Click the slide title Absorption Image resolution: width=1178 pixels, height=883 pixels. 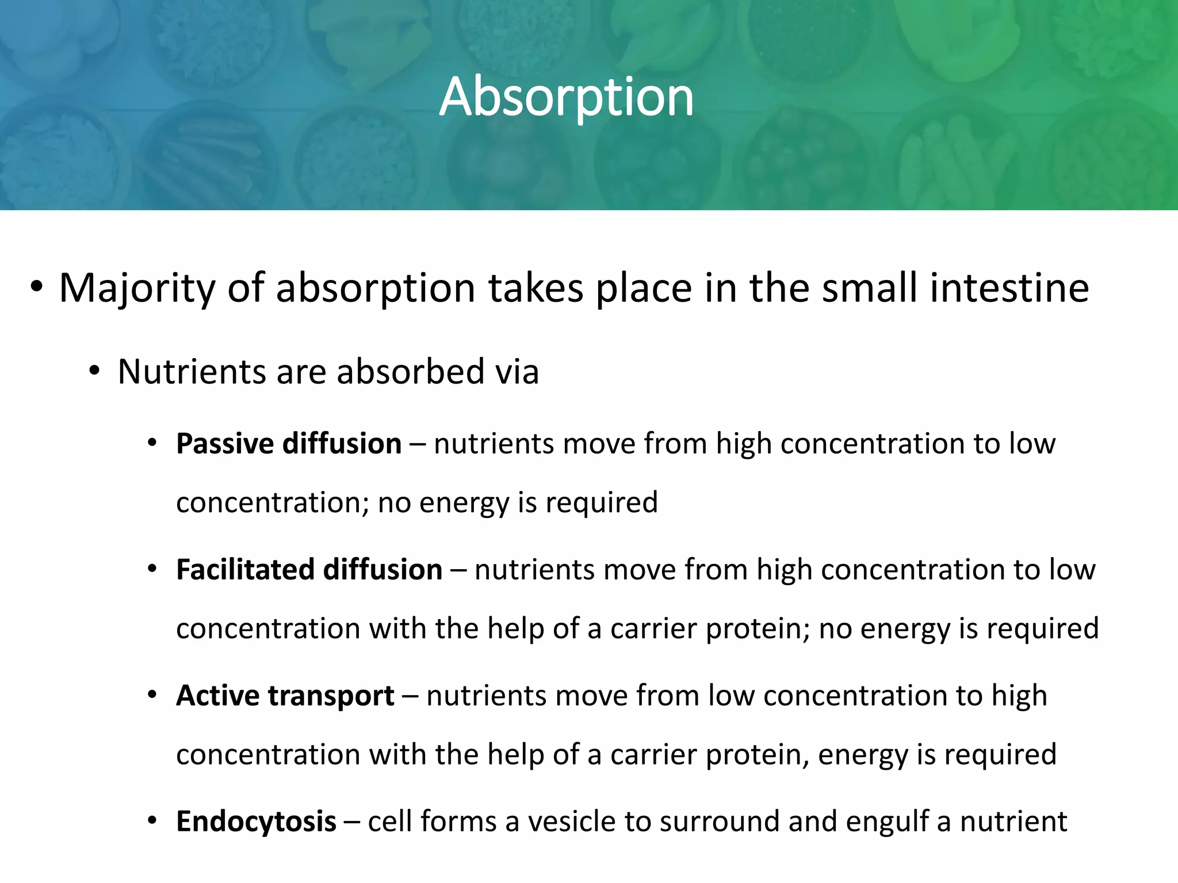tap(567, 98)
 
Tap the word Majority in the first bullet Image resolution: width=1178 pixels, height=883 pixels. tap(137, 289)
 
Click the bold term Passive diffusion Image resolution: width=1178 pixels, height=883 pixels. tap(289, 444)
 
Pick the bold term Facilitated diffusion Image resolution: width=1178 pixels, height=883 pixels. tap(309, 570)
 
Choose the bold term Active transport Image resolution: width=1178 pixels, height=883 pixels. tap(285, 696)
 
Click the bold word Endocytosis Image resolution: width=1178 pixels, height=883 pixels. tap(256, 821)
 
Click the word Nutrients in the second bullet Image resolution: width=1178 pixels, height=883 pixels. tap(192, 372)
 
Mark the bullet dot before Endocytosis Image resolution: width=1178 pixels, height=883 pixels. tap(152, 821)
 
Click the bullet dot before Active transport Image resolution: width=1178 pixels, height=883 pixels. tap(152, 696)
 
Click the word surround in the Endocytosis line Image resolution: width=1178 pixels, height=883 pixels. tap(720, 821)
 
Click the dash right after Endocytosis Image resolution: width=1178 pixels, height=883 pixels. tap(351, 822)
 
